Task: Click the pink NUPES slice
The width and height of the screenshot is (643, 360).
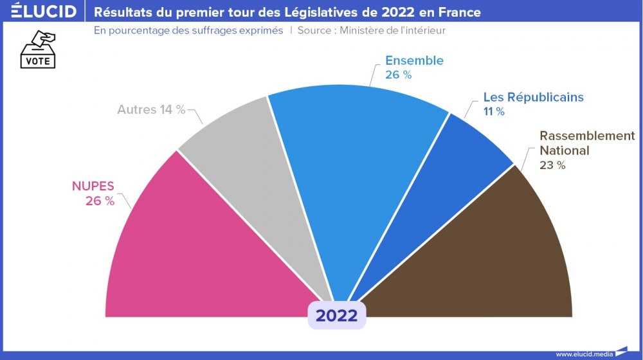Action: click(x=193, y=257)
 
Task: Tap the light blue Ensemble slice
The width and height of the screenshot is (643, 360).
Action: click(x=354, y=161)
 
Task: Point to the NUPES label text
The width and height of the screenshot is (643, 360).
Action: click(x=93, y=186)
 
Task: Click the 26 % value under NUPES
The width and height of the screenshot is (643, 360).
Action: click(x=100, y=201)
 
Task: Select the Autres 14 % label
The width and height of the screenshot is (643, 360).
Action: click(x=151, y=110)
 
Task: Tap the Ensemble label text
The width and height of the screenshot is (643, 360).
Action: click(x=414, y=60)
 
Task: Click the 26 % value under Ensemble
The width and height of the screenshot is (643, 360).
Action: click(x=398, y=75)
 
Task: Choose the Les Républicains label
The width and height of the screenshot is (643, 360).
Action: click(x=533, y=97)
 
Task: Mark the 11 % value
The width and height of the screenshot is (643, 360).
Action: click(x=494, y=112)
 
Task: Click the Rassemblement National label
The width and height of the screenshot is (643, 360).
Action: click(x=586, y=143)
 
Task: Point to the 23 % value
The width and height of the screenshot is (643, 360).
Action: click(x=552, y=165)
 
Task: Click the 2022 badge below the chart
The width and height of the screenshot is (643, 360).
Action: click(x=336, y=316)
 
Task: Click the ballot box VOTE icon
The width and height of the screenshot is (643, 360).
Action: click(x=39, y=50)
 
